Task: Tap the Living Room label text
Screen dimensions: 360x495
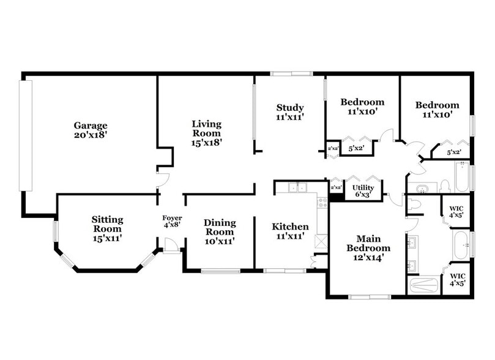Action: click(207, 132)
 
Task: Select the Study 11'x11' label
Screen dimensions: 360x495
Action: click(290, 111)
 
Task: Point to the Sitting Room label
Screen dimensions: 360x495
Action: click(108, 228)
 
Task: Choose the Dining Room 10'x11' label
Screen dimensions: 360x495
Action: click(219, 231)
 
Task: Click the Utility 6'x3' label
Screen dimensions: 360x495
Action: click(363, 191)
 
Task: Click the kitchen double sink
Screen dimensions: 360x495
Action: click(297, 187)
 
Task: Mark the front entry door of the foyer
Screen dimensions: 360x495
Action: click(172, 245)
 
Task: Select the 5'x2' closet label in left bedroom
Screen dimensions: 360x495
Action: click(355, 148)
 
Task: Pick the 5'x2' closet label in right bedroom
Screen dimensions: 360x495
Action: click(453, 152)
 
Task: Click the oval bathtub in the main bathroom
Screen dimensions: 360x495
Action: click(461, 244)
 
